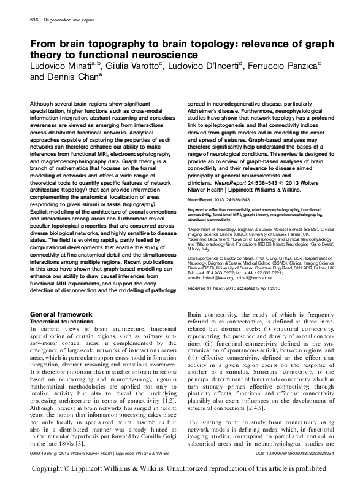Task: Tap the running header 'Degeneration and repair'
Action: pyautogui.click(x=64, y=20)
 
